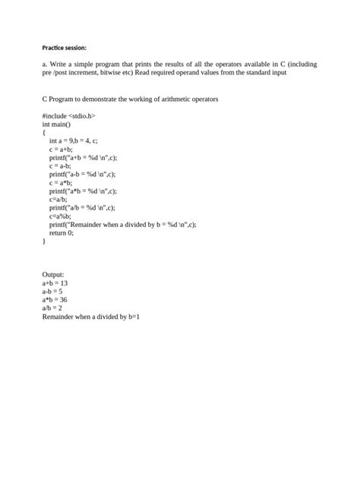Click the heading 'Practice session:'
pos(64,46)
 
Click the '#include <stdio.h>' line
pos(69,115)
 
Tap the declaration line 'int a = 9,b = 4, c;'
pos(74,141)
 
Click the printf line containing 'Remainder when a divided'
pos(122,224)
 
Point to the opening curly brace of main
pos(44,132)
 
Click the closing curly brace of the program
pos(44,241)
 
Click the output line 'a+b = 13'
pos(55,283)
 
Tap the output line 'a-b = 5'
pos(52,291)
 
